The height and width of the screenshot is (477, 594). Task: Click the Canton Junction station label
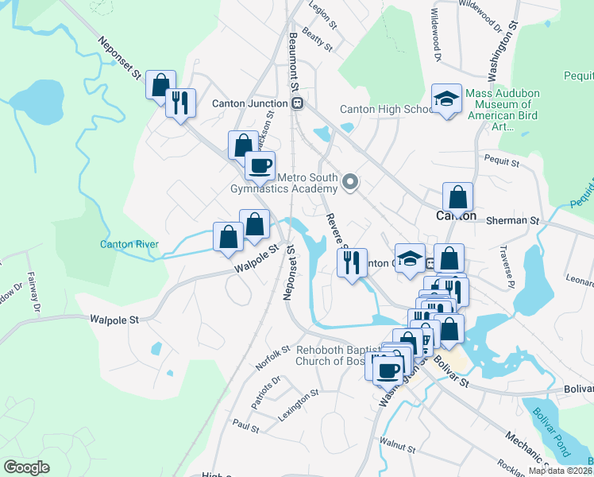click(249, 103)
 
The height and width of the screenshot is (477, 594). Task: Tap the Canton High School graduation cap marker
click(446, 99)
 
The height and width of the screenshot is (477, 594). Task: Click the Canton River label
click(129, 244)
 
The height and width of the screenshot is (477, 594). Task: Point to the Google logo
click(26, 467)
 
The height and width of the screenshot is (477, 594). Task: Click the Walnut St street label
click(398, 442)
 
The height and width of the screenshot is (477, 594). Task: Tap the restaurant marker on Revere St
click(352, 261)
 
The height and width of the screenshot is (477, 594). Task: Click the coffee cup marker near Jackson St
click(259, 165)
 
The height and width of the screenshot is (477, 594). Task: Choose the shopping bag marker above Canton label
click(458, 196)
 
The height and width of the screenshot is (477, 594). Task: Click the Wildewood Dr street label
click(435, 37)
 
